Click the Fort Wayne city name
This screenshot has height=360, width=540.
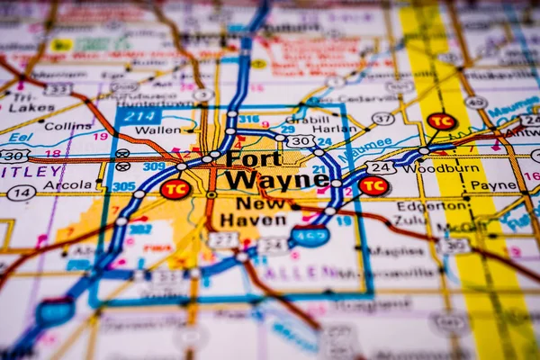tap(275, 170)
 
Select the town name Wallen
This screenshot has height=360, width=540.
tap(157, 130)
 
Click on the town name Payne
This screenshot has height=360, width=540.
tap(494, 185)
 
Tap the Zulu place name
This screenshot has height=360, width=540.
tap(410, 219)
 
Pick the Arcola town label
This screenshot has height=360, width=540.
tap(67, 185)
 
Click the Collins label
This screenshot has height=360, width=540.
tap(67, 126)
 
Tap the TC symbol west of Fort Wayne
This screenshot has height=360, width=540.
tap(175, 189)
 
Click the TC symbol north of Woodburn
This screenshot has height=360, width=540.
tap(441, 121)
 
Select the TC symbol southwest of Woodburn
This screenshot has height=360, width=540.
tap(373, 185)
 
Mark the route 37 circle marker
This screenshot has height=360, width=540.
tap(383, 118)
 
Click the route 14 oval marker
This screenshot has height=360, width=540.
tap(22, 193)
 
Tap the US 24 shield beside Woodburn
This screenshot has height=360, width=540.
tap(381, 167)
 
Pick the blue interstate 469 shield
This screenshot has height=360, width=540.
tap(310, 236)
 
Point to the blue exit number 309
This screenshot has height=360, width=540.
tap(155, 166)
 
